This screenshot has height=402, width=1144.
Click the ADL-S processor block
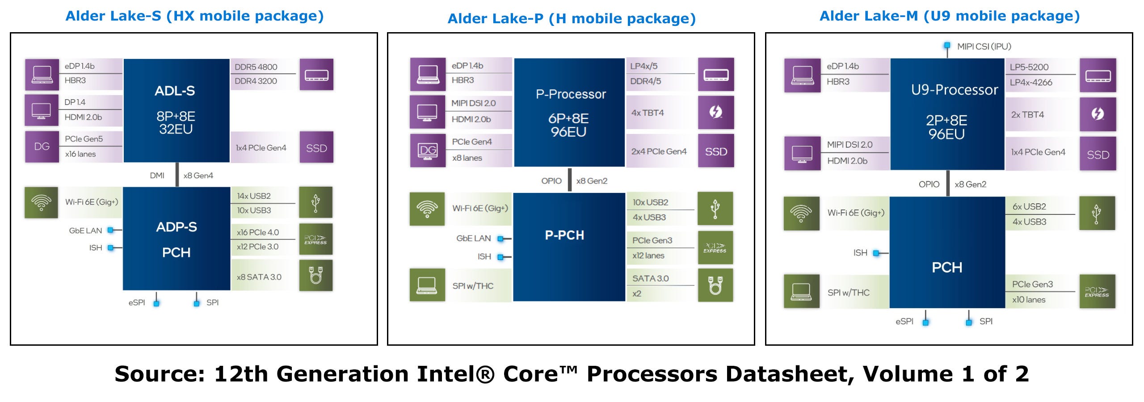pos(176,110)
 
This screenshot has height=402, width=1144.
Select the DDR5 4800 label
pos(256,67)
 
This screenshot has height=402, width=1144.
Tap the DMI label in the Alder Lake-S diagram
pos(157,176)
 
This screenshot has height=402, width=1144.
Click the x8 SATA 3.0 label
pos(259,277)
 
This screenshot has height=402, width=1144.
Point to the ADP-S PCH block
pos(176,239)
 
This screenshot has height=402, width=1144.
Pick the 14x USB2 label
pos(254,196)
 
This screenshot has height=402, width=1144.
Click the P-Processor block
pos(569,113)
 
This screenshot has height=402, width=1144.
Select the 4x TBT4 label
pos(648,113)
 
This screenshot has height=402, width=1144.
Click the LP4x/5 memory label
pos(644,66)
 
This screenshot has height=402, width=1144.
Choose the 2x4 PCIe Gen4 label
pos(659,151)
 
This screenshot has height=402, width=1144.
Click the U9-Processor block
pos(947,114)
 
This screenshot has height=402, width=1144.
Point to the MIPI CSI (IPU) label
pos(984,46)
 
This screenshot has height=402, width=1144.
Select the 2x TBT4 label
pos(1027,115)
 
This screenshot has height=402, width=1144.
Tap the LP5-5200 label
pos(1029,67)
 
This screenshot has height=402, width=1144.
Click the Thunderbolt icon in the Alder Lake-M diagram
pos(1098,114)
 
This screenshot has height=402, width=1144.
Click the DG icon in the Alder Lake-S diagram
pos(42,147)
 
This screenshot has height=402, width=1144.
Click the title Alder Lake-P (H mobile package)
pos(572,18)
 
